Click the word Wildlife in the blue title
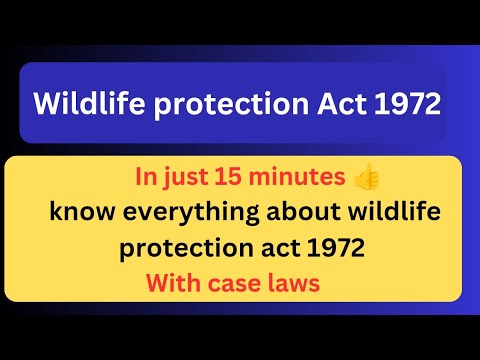[82, 104]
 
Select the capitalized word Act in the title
[338, 104]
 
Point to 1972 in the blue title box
[405, 104]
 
